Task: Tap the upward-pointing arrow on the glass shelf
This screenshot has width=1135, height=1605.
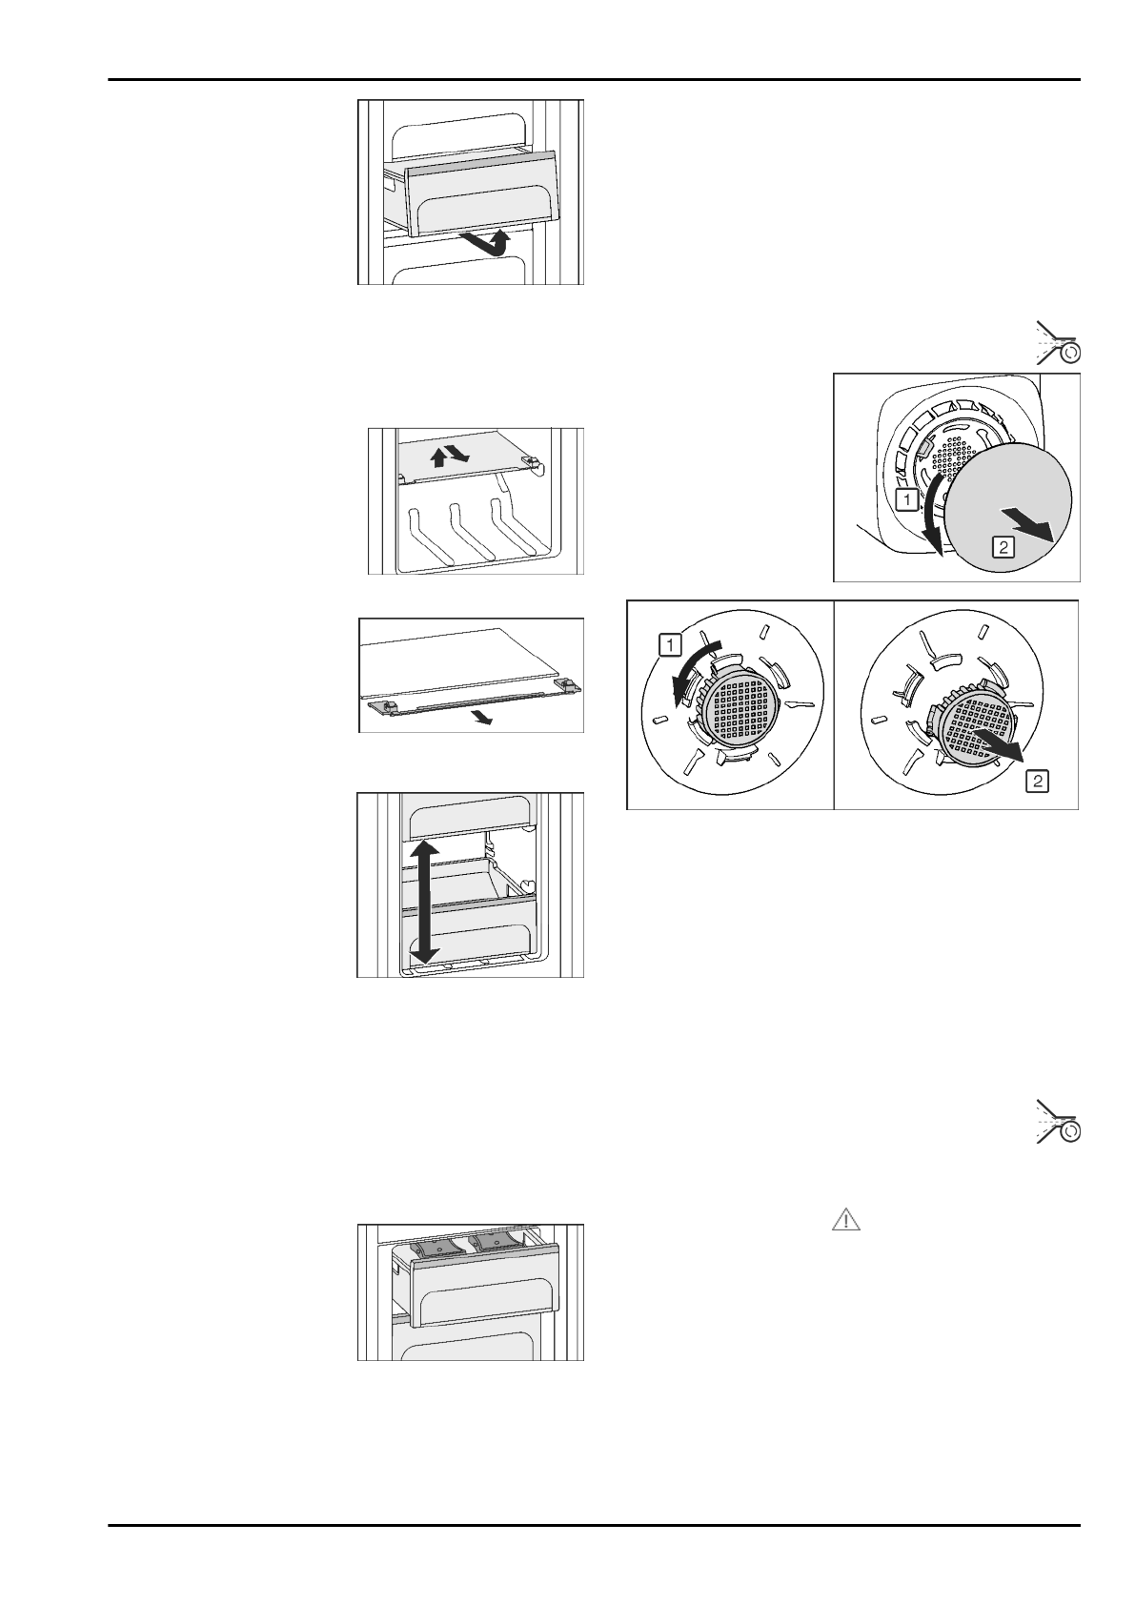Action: [x=439, y=458]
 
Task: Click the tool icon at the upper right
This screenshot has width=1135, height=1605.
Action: [x=1058, y=345]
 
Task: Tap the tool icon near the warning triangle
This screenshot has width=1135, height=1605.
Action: [x=1058, y=1120]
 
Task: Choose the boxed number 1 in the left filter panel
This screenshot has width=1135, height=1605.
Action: [x=670, y=645]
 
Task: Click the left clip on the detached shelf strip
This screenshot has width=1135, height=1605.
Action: [x=379, y=704]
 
